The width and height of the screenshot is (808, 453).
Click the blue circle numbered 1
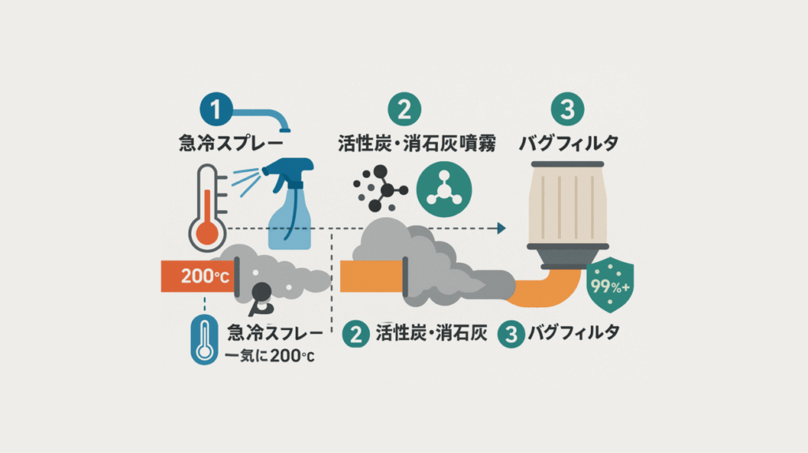[216, 109]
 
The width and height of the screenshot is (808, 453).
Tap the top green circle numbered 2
[405, 109]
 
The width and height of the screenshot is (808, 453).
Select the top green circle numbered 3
[567, 109]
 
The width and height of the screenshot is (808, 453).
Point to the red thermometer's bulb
[208, 235]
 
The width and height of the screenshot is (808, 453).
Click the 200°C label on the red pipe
[204, 276]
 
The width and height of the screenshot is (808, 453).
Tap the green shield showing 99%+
[610, 285]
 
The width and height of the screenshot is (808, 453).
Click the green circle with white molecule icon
[443, 189]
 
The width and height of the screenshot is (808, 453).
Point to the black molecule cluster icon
[380, 189]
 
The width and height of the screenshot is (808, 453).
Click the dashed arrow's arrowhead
[501, 228]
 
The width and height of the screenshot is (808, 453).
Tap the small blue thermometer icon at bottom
[204, 339]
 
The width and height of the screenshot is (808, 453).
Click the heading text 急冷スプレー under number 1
[231, 143]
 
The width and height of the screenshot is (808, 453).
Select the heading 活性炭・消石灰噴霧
[417, 144]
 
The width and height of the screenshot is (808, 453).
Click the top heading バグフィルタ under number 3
[568, 143]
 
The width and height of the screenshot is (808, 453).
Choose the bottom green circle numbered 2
[356, 334]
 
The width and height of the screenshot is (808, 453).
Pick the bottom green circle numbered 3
[511, 334]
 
